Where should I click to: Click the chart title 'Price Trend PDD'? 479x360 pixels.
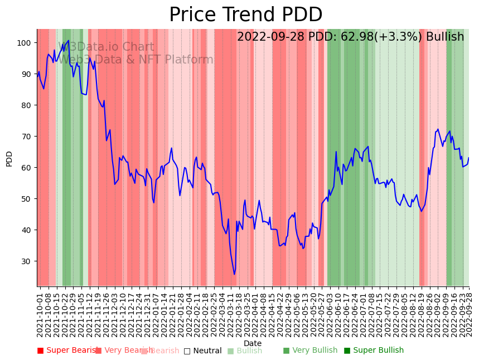tap(245, 15)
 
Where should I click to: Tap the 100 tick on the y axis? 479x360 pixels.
tap(26, 43)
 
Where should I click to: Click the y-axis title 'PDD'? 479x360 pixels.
tap(9, 158)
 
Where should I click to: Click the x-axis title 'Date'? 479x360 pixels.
tap(253, 343)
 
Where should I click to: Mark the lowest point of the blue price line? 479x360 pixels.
tap(234, 274)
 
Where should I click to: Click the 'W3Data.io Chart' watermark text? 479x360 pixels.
tap(106, 47)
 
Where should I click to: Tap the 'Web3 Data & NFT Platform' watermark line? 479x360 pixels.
tap(136, 60)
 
